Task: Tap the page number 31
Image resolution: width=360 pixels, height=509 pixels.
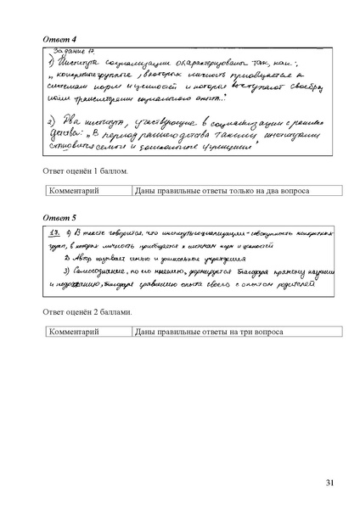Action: pos(330,483)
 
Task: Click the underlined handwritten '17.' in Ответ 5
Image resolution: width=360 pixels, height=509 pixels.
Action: pos(55,232)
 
